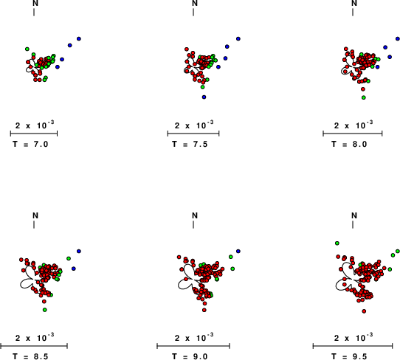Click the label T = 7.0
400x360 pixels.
[30, 144]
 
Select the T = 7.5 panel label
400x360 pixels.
[190, 144]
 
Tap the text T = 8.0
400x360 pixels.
[349, 144]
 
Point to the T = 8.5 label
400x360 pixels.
[30, 356]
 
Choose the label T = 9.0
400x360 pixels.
[190, 356]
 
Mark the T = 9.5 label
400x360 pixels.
[349, 356]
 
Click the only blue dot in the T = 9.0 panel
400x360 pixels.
[238, 251]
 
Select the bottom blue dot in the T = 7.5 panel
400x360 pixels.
[204, 97]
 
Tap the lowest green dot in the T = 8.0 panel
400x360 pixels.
[364, 97]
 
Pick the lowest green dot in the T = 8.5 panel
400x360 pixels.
[44, 310]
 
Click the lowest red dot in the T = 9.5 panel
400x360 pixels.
[364, 311]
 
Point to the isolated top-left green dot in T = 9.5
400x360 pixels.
[337, 243]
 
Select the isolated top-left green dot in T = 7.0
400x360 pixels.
[27, 49]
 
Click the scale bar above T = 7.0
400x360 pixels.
[34, 134]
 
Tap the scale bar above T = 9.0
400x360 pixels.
[193, 346]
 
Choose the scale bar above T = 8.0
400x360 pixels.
[353, 134]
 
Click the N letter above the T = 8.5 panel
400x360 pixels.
[35, 215]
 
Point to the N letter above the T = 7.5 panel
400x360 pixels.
[195, 3]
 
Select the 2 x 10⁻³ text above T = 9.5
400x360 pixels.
[354, 337]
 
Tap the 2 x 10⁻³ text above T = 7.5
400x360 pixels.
[194, 125]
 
